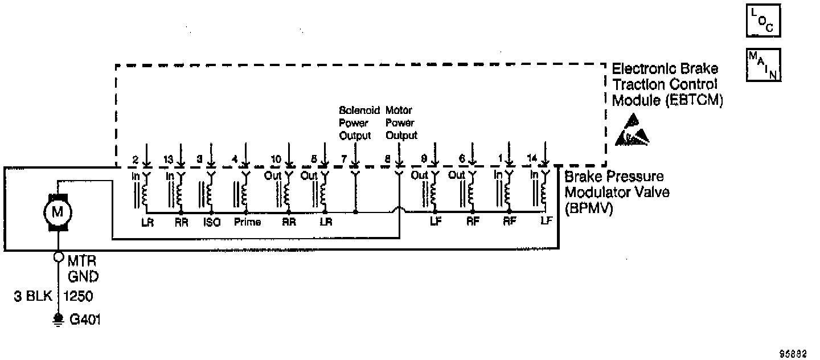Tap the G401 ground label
coord(85,320)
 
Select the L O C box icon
coord(763,22)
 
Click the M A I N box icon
coord(763,65)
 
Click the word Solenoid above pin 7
coord(359,110)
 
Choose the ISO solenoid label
coord(211,222)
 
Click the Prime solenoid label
coord(247,222)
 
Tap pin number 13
coord(169,159)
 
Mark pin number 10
coord(276,159)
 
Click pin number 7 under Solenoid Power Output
coord(343,159)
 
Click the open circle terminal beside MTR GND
coord(58,257)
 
